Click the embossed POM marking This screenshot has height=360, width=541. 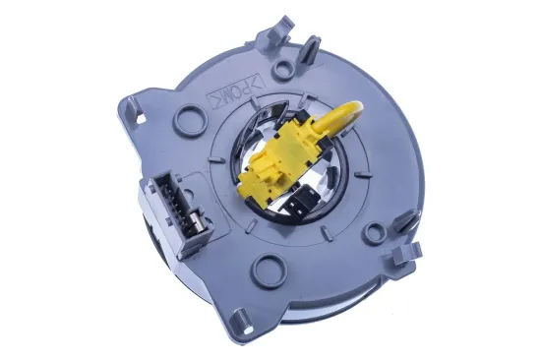235,91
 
